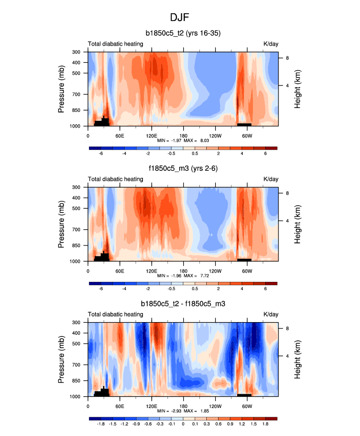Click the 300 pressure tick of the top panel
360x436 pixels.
[x=77, y=52]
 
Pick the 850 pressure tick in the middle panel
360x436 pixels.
[x=77, y=245]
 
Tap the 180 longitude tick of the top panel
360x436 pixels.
[x=183, y=136]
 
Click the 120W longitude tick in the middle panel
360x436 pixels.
[x=215, y=271]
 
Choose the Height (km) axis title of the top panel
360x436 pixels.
[x=298, y=89]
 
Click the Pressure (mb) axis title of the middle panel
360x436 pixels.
[x=62, y=224]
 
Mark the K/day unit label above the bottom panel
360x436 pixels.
[x=271, y=314]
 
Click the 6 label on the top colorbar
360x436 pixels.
[x=265, y=154]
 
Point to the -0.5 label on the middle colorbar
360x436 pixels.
[x=171, y=289]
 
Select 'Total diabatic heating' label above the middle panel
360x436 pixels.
[x=115, y=179]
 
